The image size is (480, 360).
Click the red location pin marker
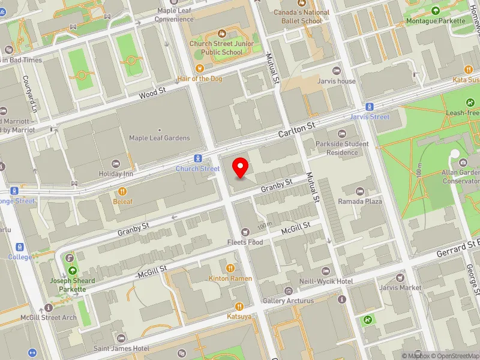click(x=241, y=167)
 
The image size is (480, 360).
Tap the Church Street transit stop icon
click(x=197, y=158)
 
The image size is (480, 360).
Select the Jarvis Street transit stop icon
click(x=370, y=107)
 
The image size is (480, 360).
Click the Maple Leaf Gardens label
click(x=160, y=138)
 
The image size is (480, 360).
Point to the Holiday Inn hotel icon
click(x=117, y=163)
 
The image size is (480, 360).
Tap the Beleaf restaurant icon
click(x=122, y=191)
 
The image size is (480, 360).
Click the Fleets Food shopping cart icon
click(x=245, y=232)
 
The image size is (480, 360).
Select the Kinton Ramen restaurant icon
click(x=230, y=268)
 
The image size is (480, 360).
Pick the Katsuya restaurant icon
click(x=239, y=306)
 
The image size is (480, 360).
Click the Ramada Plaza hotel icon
click(x=359, y=191)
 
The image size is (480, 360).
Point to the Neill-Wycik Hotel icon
click(x=326, y=271)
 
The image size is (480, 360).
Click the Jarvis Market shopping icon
click(x=401, y=277)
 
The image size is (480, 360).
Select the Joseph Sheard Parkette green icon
click(x=72, y=270)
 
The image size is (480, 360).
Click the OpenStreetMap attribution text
click(x=455, y=356)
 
